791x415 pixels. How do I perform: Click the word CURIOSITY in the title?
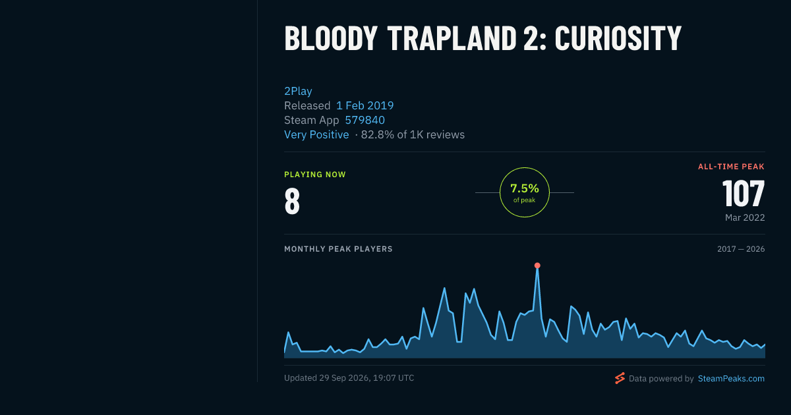618,38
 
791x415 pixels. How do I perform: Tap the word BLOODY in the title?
331,38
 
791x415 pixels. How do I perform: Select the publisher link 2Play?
298,91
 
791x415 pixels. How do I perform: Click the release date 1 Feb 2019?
365,105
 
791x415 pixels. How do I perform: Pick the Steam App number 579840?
365,120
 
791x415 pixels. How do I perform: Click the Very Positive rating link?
316,134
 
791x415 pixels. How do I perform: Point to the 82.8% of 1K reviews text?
413,134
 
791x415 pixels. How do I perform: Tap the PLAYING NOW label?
315,175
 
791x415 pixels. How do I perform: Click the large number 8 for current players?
292,201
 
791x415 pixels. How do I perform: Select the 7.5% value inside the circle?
525,188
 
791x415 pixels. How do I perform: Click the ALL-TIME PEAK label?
731,167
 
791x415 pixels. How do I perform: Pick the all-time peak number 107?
744,194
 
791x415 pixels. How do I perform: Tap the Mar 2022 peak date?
745,217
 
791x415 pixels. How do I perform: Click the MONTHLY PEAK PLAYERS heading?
338,249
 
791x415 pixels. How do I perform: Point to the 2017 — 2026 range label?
741,249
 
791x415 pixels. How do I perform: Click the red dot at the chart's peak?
537,265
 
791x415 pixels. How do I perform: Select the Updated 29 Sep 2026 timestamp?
349,378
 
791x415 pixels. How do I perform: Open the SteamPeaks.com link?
731,379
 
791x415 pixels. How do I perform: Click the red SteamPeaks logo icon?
620,378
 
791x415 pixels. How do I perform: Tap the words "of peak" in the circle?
525,200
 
